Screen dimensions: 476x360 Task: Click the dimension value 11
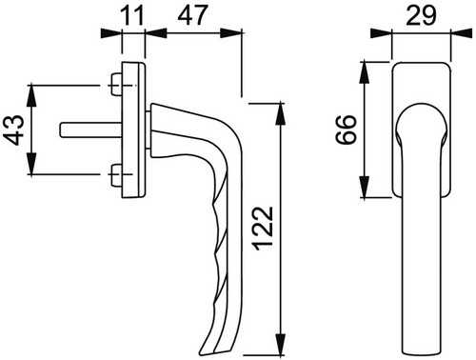click(x=132, y=15)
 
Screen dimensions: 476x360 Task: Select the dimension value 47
click(x=192, y=15)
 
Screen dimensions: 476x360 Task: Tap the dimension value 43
click(x=13, y=130)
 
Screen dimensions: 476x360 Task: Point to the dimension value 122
click(x=263, y=229)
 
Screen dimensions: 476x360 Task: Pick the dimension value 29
click(x=421, y=15)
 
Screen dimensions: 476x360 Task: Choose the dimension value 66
click(x=346, y=130)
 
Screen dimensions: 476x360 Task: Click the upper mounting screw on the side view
click(x=116, y=85)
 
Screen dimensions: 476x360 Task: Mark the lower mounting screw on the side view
click(x=116, y=174)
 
